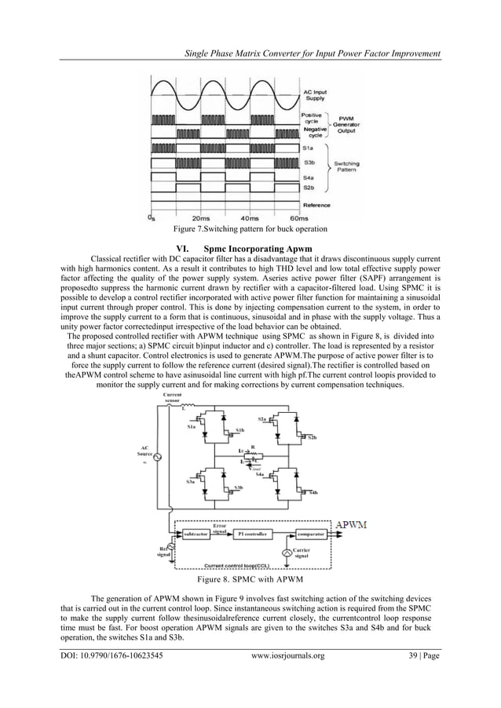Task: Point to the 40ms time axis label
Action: (249, 217)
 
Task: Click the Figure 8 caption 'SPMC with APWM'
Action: (250, 582)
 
